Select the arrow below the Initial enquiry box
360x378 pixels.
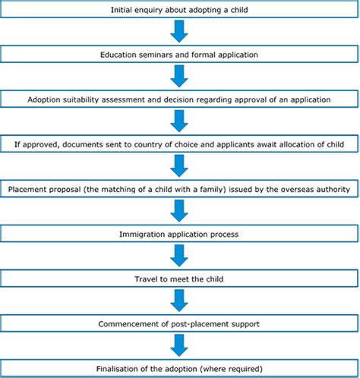(x=179, y=31)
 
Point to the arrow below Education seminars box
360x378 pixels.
(x=179, y=76)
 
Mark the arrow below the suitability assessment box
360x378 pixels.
(x=179, y=121)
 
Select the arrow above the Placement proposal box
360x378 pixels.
(x=179, y=165)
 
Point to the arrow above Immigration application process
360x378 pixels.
(x=179, y=211)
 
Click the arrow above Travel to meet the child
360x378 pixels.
(x=179, y=256)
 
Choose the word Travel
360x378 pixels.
(x=144, y=279)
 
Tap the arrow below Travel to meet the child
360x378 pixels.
(x=179, y=301)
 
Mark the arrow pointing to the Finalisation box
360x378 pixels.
(x=179, y=345)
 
